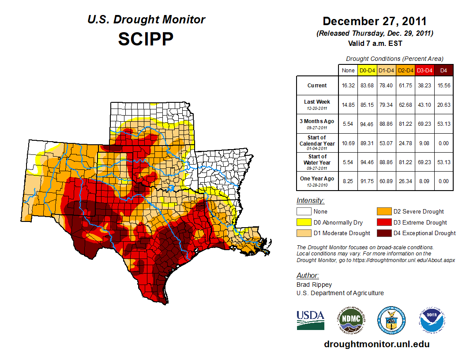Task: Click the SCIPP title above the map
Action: [146, 39]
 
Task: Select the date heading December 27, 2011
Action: [375, 21]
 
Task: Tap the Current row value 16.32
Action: [348, 86]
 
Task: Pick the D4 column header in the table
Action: [444, 70]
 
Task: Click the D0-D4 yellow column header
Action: [367, 70]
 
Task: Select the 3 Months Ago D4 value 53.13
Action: [444, 124]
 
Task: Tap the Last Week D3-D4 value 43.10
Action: [425, 105]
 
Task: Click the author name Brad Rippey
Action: [314, 285]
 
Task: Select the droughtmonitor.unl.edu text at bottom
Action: [376, 344]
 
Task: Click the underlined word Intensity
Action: [310, 201]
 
